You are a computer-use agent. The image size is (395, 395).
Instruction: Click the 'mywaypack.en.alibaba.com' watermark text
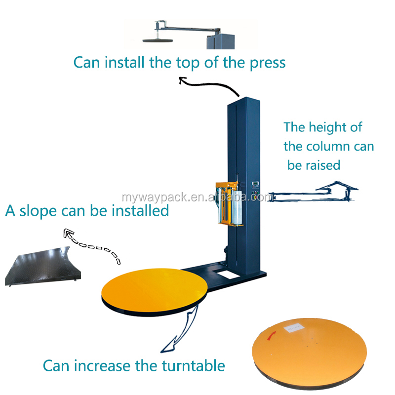coord(197,197)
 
